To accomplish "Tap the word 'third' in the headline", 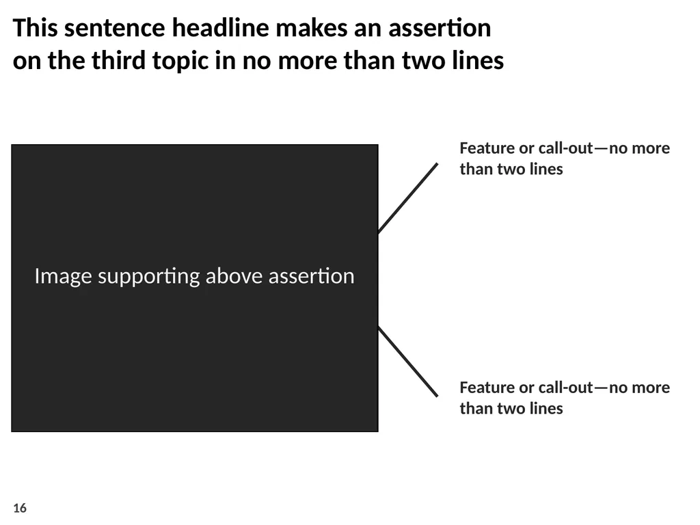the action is pyautogui.click(x=118, y=60).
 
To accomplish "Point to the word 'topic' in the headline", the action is pyautogui.click(x=180, y=62).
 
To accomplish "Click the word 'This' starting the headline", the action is pyautogui.click(x=36, y=27).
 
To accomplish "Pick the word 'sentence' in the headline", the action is pyautogui.click(x=115, y=29).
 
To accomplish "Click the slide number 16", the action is pyautogui.click(x=20, y=508).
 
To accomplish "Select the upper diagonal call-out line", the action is pyautogui.click(x=408, y=198).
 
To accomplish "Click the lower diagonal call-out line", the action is pyautogui.click(x=408, y=361).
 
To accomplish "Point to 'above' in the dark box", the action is pyautogui.click(x=234, y=276).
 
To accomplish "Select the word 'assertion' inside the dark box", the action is pyautogui.click(x=311, y=276).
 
